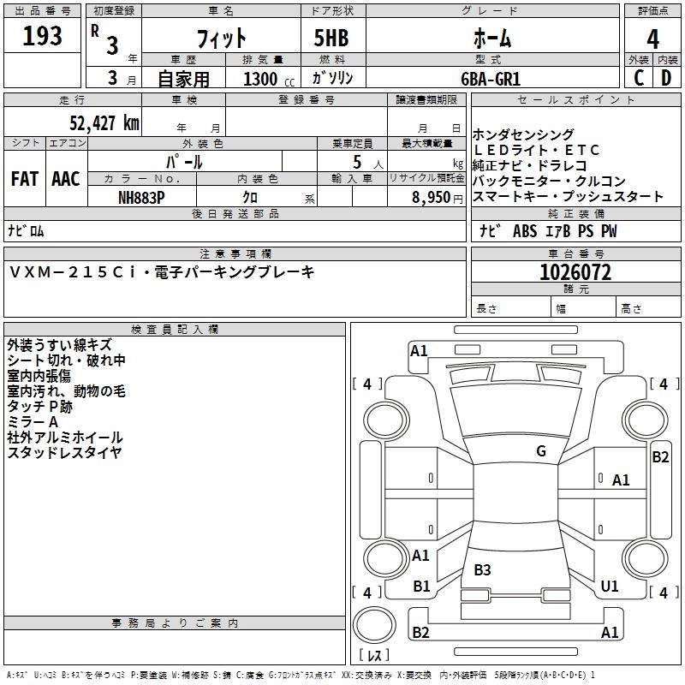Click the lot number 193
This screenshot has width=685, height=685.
tap(42, 35)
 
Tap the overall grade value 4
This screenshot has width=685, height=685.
tap(652, 39)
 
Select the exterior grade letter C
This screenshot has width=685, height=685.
tap(639, 78)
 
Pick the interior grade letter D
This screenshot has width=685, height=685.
tap(666, 78)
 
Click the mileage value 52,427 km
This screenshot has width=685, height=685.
tap(104, 122)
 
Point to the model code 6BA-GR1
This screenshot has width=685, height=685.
tap(491, 79)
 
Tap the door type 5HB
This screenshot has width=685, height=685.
tap(331, 38)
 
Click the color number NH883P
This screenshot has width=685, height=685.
tap(141, 198)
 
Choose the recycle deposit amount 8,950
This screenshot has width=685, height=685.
tap(432, 198)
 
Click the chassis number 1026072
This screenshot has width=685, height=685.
tap(575, 272)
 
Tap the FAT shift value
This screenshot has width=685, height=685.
tap(25, 179)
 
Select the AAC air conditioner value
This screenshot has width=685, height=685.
tap(66, 179)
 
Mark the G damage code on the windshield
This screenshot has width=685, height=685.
tap(541, 451)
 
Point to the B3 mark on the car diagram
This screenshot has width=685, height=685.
tap(482, 569)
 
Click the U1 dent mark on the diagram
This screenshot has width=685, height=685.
tap(610, 586)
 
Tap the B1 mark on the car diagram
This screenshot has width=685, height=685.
tap(421, 586)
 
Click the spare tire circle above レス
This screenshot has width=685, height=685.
tap(374, 625)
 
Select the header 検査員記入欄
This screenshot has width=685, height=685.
tap(175, 330)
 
